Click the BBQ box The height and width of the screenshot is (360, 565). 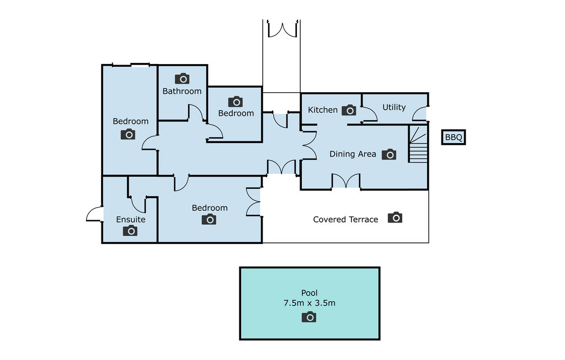coord(454,137)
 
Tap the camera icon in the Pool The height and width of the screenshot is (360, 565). coord(309,317)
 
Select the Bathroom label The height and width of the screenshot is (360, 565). coord(182,91)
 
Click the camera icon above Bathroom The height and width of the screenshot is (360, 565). coord(182,78)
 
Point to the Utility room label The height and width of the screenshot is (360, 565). coord(394,107)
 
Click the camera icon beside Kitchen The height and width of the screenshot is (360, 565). coord(349,110)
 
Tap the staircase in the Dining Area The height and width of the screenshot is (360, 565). coord(418,144)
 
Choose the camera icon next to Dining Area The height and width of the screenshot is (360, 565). coord(389,155)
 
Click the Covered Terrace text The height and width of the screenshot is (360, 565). coord(345,219)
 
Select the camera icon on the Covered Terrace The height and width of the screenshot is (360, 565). coord(395,218)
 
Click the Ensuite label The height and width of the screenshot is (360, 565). coord(131,219)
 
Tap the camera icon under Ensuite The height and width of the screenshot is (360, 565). coord(130,230)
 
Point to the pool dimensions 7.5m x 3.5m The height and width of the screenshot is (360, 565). coord(310,303)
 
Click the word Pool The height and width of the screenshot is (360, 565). coord(310,293)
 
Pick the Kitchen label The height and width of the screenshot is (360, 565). coord(323,110)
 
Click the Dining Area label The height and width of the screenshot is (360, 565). coord(353,154)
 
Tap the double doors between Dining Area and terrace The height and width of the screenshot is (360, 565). coord(346,181)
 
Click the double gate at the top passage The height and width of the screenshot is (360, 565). coord(283,29)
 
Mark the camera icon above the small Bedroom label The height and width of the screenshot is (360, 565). coord(235,102)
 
